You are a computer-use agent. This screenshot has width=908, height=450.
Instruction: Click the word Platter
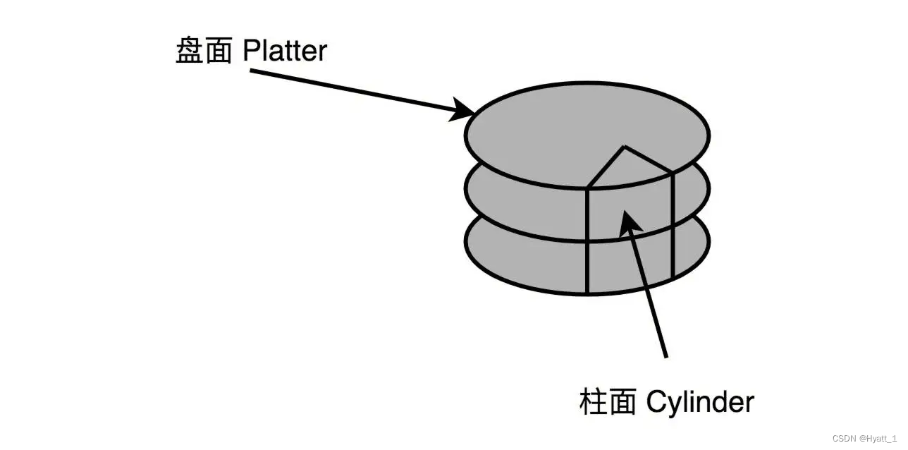point(285,51)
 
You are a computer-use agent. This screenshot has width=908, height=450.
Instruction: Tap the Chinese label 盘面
point(204,51)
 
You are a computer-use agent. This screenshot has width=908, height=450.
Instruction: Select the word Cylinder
point(700,402)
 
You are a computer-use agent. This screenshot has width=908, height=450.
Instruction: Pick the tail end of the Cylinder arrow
point(665,356)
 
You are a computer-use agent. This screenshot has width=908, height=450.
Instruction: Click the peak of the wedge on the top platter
point(624,147)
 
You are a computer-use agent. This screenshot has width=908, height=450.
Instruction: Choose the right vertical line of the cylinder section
point(673,226)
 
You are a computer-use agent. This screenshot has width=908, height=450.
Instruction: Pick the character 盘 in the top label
point(190,51)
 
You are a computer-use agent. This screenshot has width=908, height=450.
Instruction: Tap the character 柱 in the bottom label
point(593,402)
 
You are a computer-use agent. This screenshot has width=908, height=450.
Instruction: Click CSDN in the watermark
point(843,438)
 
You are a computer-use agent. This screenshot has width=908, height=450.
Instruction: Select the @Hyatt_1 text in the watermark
point(878,438)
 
